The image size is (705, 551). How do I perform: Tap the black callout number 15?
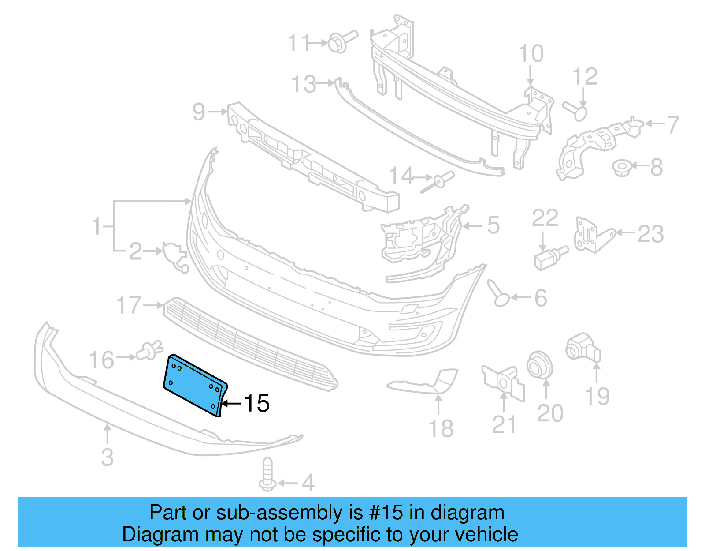tap(256, 403)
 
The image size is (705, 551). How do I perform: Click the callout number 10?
tap(531, 54)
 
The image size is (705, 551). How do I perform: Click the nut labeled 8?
tap(622, 168)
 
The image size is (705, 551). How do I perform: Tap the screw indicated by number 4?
tap(267, 474)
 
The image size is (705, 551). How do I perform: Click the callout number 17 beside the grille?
tap(128, 305)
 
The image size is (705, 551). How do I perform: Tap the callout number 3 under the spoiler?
tap(107, 457)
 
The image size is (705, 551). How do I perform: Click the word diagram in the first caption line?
tap(467, 513)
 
